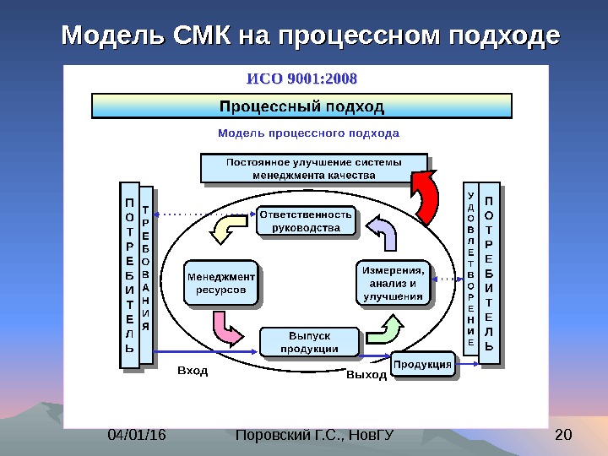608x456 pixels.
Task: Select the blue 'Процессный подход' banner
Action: [301, 106]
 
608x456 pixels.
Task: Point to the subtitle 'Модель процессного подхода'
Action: [308, 133]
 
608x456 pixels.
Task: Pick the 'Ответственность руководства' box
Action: [305, 220]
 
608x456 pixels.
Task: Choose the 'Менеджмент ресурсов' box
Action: [220, 282]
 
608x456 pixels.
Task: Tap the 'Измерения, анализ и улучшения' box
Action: [392, 283]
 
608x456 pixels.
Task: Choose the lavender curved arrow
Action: [383, 231]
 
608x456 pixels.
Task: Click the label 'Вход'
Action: [193, 372]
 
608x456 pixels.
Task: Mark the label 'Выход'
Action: [366, 374]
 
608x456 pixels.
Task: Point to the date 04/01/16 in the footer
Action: [136, 436]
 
